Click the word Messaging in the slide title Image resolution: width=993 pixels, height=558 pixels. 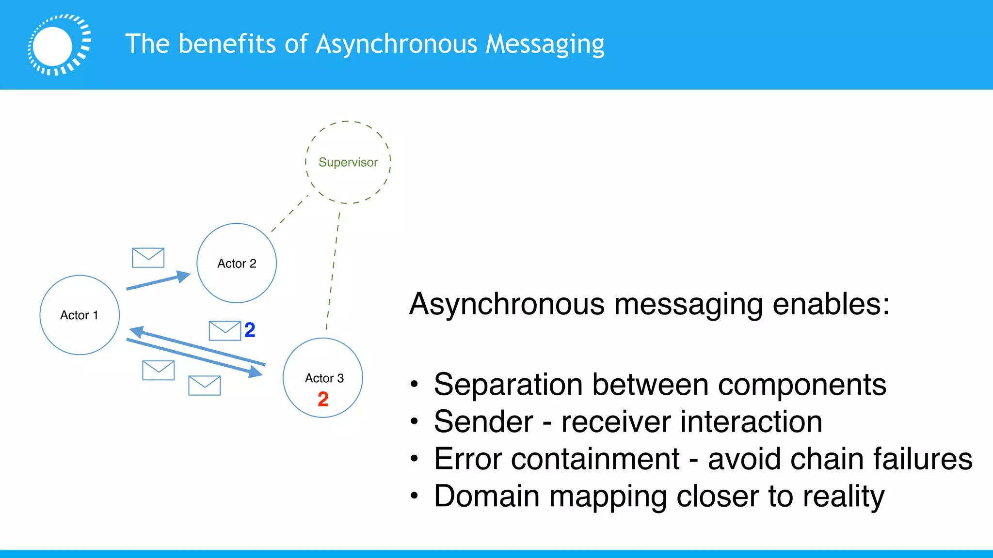click(x=545, y=45)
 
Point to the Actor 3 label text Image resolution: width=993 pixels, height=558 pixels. click(x=324, y=378)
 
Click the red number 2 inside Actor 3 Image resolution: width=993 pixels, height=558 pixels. click(x=323, y=399)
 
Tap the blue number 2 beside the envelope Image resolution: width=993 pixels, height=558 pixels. click(x=250, y=330)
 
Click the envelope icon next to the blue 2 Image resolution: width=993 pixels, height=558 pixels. click(x=224, y=331)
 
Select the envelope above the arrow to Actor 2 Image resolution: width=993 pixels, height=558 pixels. click(x=148, y=258)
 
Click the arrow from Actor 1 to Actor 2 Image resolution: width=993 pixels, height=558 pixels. click(x=155, y=282)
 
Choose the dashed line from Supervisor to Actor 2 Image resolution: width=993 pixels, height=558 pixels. click(x=289, y=214)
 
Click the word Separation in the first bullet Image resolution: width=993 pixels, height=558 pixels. click(x=508, y=385)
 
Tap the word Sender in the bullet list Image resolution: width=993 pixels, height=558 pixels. click(x=483, y=422)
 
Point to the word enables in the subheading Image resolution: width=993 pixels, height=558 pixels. click(x=831, y=305)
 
